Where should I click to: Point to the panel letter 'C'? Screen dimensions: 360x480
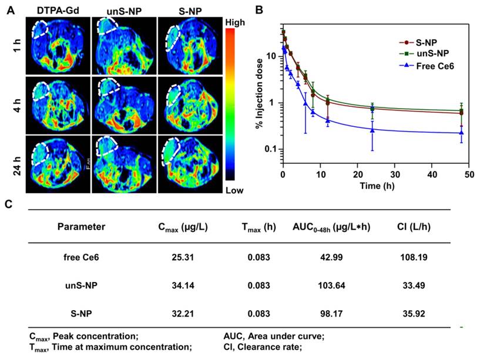coord(8,204)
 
